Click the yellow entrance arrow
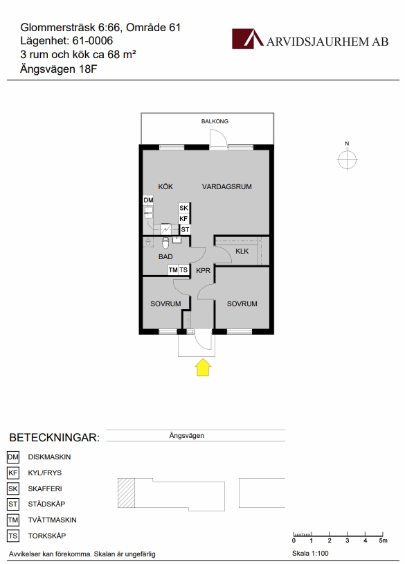click(x=203, y=367)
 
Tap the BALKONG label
click(x=215, y=121)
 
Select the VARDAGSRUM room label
click(x=227, y=186)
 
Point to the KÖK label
click(x=165, y=186)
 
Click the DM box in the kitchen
click(x=148, y=200)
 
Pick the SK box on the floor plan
click(x=183, y=208)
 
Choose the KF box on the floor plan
click(x=183, y=218)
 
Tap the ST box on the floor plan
click(x=185, y=229)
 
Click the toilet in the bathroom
click(x=165, y=243)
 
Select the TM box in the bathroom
click(x=173, y=270)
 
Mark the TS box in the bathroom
click(x=183, y=270)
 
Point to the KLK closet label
click(x=242, y=251)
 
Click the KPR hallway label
click(x=203, y=270)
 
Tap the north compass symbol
click(x=347, y=159)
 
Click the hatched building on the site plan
click(x=126, y=493)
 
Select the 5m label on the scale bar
click(x=383, y=540)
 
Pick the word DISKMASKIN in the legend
click(x=49, y=457)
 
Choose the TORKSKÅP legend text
click(x=46, y=536)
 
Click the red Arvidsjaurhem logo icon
click(x=248, y=39)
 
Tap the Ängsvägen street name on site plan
click(x=186, y=436)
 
